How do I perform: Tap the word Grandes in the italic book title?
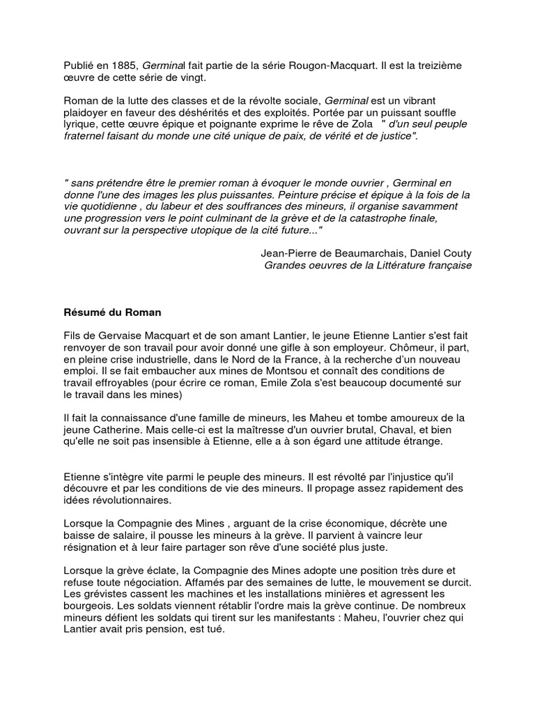[x=284, y=265]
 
